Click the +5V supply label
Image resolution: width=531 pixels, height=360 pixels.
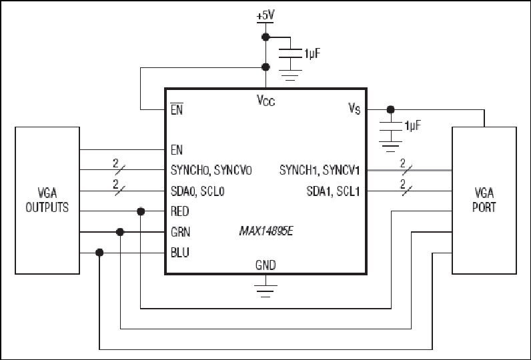coord(265,15)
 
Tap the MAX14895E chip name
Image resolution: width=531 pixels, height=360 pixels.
coord(266,231)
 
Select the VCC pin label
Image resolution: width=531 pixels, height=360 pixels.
coord(266,101)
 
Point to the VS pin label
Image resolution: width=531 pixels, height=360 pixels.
coord(355,108)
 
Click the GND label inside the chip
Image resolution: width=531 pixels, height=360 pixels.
coord(265,265)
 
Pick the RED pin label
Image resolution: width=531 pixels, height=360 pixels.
coord(180,211)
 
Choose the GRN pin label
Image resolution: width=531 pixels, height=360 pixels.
coord(180,232)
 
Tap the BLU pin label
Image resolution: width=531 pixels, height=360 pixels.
coord(180,253)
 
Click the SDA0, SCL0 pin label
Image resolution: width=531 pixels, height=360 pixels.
coord(197,191)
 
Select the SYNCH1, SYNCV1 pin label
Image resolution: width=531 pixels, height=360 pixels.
coord(320,170)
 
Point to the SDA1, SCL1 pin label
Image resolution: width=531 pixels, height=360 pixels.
coord(334,191)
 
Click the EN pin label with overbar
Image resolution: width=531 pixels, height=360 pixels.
coord(177,109)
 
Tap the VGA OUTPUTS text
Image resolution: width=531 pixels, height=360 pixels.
coord(47,200)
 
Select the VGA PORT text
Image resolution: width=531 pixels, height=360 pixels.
coord(484,200)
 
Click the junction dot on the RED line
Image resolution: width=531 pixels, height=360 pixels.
coord(141,211)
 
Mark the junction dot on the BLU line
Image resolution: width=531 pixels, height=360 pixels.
coord(99,253)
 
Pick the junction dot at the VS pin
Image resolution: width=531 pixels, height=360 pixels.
coord(390,109)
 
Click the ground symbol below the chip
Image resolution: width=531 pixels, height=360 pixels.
coord(265,291)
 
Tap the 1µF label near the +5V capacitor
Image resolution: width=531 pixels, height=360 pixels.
coord(312,53)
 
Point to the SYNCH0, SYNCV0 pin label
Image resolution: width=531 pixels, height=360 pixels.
coord(211,170)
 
